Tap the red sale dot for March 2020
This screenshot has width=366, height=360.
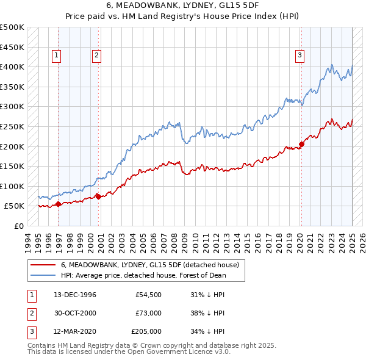(x=301, y=145)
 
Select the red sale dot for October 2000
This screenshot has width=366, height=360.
(x=98, y=196)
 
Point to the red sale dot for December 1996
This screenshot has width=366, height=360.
(x=58, y=204)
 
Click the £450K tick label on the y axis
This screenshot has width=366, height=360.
(x=12, y=46)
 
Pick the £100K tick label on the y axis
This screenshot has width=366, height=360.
(x=12, y=186)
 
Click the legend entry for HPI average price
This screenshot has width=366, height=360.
(x=143, y=275)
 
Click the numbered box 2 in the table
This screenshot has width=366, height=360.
(x=30, y=313)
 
